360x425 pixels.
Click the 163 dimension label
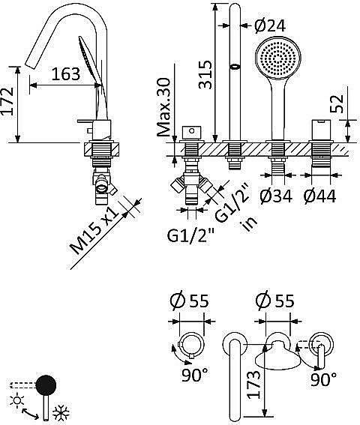[x=66, y=74]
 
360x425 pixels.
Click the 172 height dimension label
[x=7, y=101]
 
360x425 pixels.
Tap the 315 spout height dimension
[x=205, y=74]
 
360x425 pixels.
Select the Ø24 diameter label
[x=270, y=26]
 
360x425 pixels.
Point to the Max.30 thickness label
[x=163, y=107]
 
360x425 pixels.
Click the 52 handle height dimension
[x=337, y=103]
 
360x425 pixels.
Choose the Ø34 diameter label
[x=276, y=196]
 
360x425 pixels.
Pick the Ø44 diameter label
[x=319, y=196]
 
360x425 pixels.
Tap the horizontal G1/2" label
[x=190, y=235]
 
